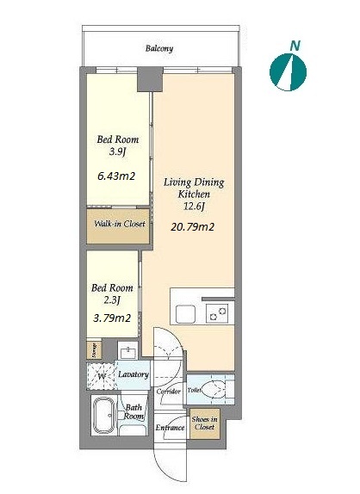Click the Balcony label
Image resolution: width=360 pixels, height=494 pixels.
159,48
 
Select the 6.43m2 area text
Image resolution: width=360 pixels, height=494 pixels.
116,176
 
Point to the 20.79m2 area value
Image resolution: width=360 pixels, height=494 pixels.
192,226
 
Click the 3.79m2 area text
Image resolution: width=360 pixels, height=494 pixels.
112,318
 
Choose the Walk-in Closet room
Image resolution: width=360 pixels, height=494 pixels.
118,225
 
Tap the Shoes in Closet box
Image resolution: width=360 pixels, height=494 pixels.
205,423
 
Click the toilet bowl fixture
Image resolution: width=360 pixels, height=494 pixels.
214,390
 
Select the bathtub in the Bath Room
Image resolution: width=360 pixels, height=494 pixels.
104,415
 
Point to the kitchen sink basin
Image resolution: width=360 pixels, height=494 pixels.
185,313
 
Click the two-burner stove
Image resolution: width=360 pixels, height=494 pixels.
218,313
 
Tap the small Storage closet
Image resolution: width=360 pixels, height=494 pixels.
94,349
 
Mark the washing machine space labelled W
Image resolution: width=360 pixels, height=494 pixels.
101,376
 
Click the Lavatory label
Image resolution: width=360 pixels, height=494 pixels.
133,374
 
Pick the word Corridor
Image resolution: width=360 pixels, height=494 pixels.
169,392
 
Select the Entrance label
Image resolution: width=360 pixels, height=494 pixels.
170,428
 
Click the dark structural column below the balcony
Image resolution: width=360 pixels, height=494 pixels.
150,79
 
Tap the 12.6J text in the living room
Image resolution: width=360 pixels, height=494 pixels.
194,207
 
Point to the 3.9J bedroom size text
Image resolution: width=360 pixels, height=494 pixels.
117,152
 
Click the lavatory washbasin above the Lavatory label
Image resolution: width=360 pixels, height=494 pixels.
128,352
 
